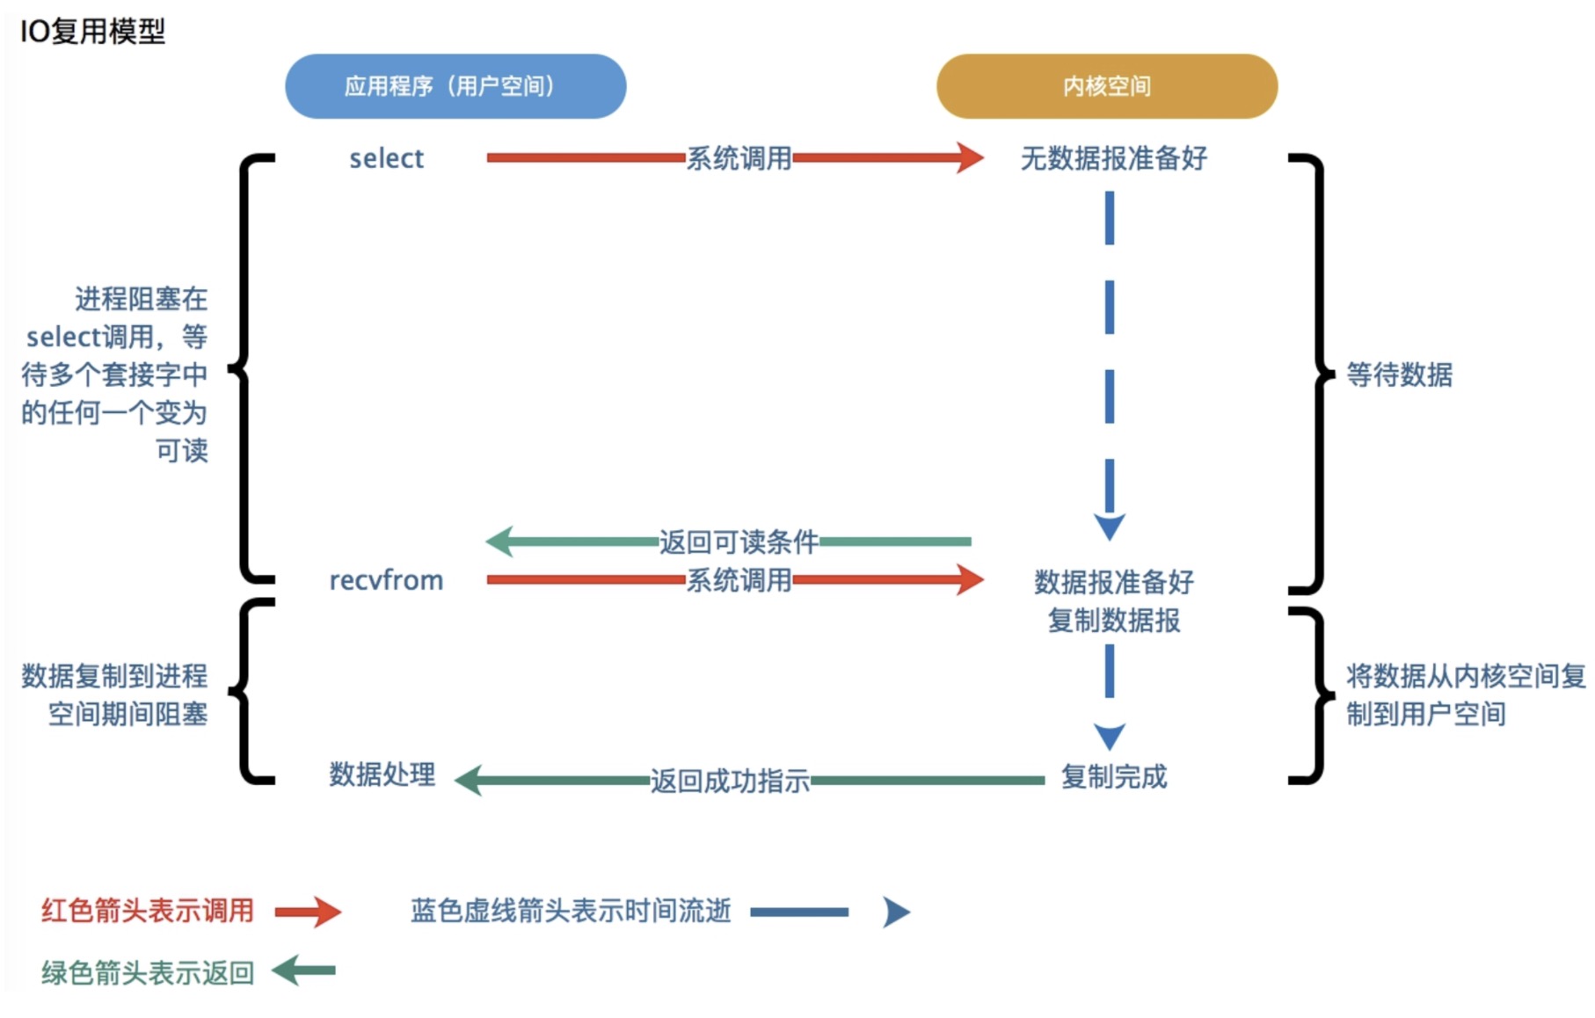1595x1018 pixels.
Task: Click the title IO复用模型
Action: (92, 32)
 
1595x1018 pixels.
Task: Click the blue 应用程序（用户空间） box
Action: (455, 86)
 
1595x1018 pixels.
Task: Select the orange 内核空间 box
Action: (1106, 86)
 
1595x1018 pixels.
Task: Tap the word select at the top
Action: (386, 159)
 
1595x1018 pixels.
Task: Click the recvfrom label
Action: (386, 580)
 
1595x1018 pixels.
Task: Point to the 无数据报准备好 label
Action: (1113, 159)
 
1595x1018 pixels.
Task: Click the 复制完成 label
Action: (1113, 777)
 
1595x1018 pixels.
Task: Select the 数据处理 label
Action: (382, 774)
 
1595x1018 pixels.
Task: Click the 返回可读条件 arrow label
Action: (739, 542)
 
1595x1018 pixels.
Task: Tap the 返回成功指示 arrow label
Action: (730, 781)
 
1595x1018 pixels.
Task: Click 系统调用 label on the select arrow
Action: (739, 159)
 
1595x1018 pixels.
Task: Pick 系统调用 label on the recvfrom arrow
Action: (739, 580)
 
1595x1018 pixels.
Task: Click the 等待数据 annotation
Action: (1399, 375)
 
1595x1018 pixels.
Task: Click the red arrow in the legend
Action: (308, 912)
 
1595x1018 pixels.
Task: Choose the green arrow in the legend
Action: (303, 971)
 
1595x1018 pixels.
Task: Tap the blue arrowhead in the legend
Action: (896, 913)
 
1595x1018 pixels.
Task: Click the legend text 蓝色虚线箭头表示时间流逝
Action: (571, 911)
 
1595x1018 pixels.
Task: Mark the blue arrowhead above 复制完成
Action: (1110, 735)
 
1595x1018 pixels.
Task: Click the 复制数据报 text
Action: (1113, 621)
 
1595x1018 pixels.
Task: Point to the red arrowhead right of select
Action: (970, 158)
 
